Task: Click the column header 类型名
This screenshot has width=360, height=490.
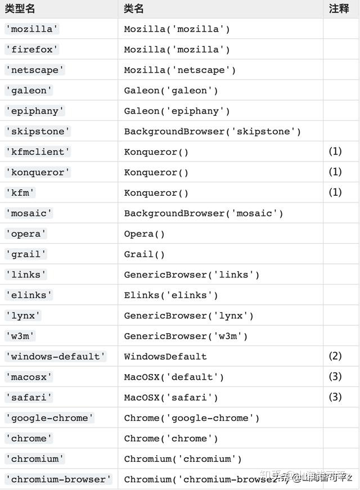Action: [19, 8]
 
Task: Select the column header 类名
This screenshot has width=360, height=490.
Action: [134, 8]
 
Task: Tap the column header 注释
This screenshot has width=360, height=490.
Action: [339, 8]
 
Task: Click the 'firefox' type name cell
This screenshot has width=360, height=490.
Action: [32, 50]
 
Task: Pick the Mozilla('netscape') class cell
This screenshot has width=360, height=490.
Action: [179, 70]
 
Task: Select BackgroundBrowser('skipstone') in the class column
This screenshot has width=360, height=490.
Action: [213, 132]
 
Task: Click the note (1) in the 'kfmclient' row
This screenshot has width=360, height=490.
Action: [335, 152]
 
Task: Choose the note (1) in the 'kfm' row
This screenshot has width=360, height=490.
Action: [335, 192]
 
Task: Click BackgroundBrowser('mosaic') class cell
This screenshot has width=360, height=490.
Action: [204, 213]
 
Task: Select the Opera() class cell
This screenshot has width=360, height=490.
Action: [145, 234]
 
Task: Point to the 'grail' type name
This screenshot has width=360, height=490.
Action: [26, 254]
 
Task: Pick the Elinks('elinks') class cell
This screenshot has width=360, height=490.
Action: [171, 295]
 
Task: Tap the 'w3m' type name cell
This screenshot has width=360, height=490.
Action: [20, 336]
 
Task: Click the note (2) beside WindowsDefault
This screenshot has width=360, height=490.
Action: [335, 356]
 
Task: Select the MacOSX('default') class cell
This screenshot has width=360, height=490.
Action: [174, 377]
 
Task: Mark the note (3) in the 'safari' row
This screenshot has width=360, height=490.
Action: [335, 397]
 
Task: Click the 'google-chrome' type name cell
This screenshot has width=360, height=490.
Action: [49, 418]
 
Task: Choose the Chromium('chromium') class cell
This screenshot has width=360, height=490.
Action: [183, 459]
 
